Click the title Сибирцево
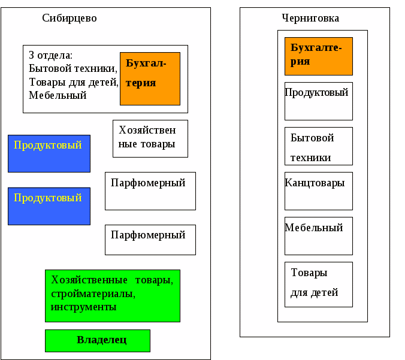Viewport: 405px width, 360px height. (69, 18)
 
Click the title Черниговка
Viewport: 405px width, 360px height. (310, 18)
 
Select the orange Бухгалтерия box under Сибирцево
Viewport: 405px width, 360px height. (150, 78)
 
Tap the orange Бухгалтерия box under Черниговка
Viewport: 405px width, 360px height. (318, 56)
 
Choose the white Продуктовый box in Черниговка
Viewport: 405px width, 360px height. (318, 101)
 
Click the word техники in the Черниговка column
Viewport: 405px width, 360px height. (311, 158)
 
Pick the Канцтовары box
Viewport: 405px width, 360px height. (318, 190)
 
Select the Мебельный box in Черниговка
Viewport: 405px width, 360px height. (318, 235)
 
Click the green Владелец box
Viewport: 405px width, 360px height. (97, 340)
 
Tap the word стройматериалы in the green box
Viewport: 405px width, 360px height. (93, 294)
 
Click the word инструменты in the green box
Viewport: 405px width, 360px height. (84, 307)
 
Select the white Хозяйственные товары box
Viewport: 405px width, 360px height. (150, 138)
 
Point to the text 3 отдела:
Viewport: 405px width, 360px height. (50, 55)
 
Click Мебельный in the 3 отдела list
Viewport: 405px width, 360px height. (58, 95)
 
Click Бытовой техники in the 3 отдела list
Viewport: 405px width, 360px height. (72, 68)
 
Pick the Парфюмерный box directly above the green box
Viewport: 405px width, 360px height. (150, 240)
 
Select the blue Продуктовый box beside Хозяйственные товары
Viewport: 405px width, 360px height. (49, 153)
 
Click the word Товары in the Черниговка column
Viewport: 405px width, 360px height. (309, 273)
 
